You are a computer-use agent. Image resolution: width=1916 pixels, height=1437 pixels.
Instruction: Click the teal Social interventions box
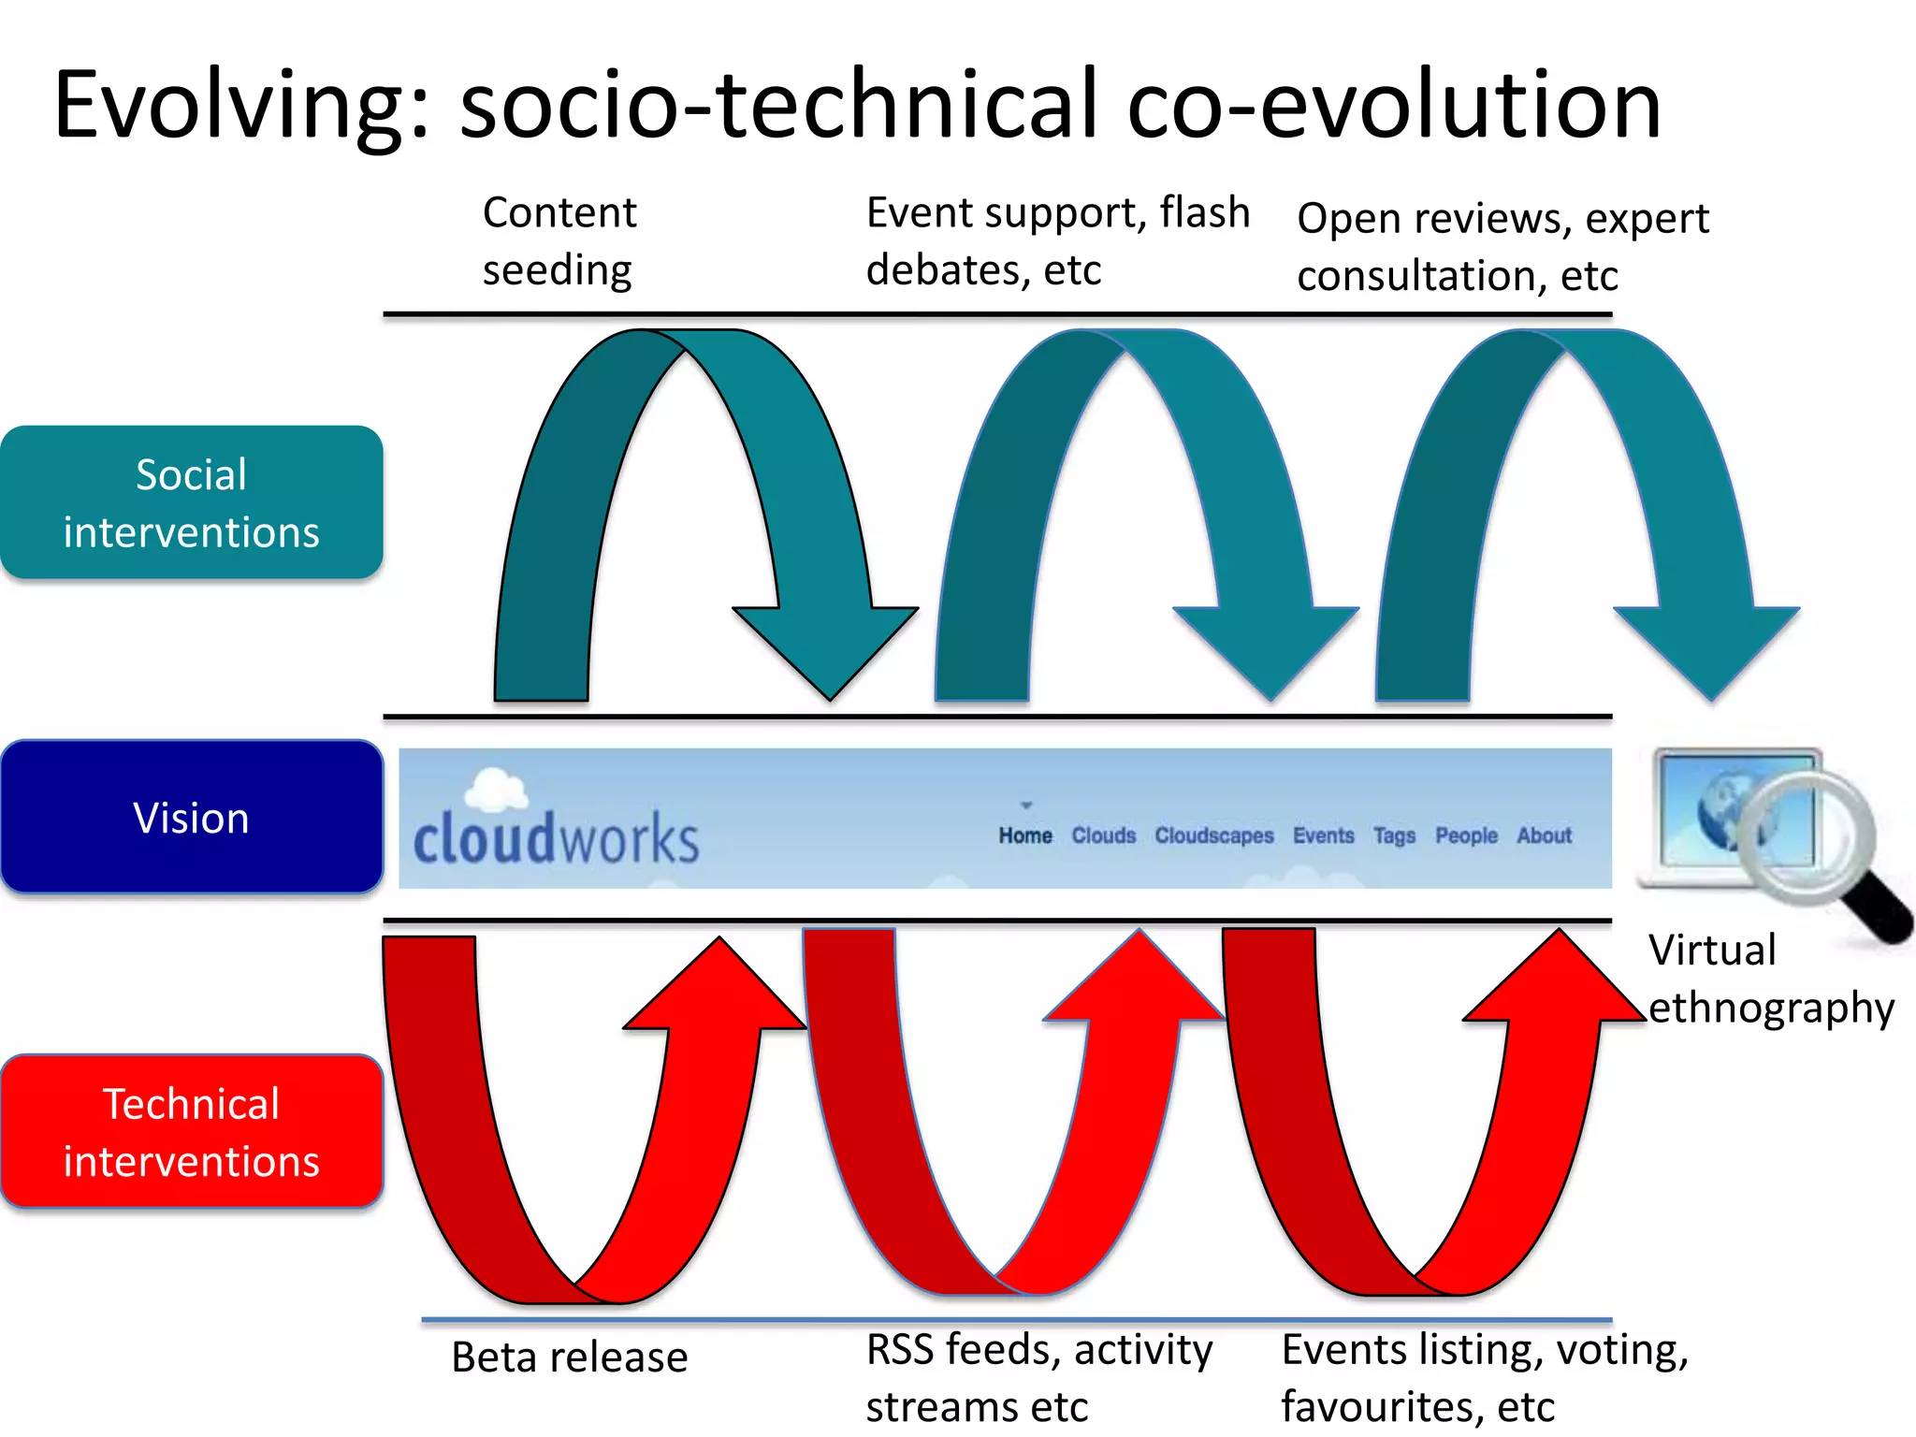(x=191, y=502)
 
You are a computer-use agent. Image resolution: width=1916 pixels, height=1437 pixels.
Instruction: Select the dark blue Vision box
(x=191, y=817)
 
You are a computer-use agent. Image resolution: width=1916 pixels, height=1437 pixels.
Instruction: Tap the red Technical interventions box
(x=191, y=1131)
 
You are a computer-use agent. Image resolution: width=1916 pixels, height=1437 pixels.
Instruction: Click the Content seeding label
(x=559, y=241)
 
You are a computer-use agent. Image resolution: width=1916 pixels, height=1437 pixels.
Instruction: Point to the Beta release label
(x=569, y=1357)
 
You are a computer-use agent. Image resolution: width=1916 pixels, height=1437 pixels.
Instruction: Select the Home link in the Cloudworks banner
(x=1024, y=835)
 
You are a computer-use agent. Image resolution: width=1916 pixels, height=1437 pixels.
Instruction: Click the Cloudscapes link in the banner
(x=1213, y=835)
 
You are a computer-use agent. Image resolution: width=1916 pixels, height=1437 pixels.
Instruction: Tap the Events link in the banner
(x=1323, y=835)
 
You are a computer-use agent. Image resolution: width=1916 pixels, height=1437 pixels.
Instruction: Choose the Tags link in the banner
(x=1394, y=835)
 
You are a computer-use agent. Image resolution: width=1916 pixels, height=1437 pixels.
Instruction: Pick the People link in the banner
(x=1466, y=835)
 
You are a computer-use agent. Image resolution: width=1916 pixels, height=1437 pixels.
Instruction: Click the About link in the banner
(x=1544, y=835)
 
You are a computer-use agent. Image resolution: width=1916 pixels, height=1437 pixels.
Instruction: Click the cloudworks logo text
(x=556, y=838)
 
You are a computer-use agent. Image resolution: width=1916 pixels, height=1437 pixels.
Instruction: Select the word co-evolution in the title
(x=1394, y=105)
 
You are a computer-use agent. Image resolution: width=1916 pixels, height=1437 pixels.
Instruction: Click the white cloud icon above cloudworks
(x=496, y=789)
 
